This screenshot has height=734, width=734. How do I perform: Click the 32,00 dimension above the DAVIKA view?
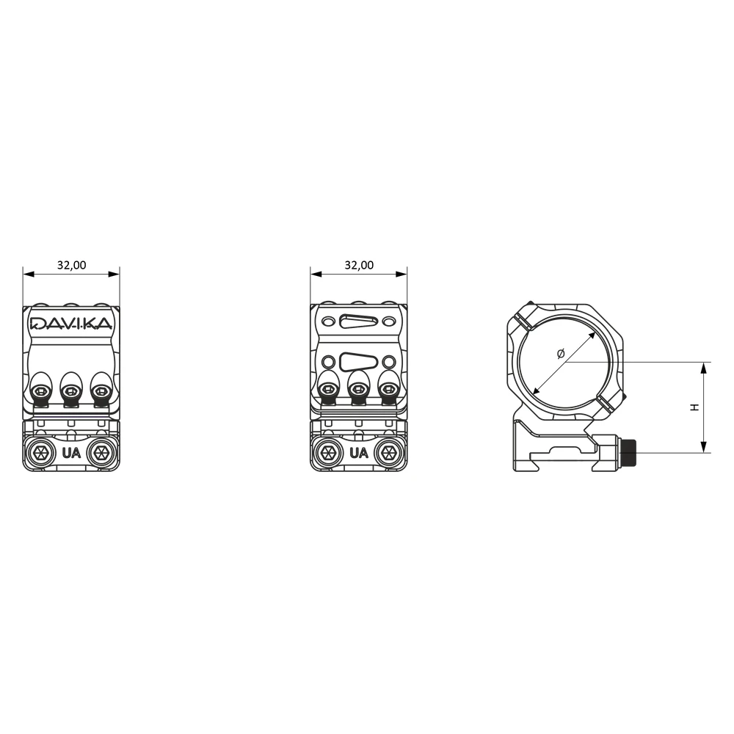point(72,265)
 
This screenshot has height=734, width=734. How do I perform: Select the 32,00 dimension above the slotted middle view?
point(359,265)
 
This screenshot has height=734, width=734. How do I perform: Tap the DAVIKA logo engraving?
point(71,323)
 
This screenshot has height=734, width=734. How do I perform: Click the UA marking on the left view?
point(71,453)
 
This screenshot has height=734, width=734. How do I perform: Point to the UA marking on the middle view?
point(359,453)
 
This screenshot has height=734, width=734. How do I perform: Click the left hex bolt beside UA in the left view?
point(40,453)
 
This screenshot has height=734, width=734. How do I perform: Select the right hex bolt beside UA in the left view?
point(101,453)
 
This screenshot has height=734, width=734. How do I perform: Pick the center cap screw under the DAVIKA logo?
point(71,390)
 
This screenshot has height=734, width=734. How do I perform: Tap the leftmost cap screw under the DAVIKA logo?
point(41,390)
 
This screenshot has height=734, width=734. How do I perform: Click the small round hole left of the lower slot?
point(327,361)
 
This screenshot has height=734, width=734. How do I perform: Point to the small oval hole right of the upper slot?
point(389,321)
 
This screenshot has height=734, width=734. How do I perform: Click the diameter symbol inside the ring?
point(561,354)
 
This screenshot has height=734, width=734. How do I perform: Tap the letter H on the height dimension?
point(695,407)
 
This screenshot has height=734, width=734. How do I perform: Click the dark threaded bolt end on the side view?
point(628,453)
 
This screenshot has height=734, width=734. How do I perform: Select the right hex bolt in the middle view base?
point(388,453)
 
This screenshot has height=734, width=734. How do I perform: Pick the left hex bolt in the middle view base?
point(328,453)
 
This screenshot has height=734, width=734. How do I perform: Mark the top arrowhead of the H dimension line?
point(702,368)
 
